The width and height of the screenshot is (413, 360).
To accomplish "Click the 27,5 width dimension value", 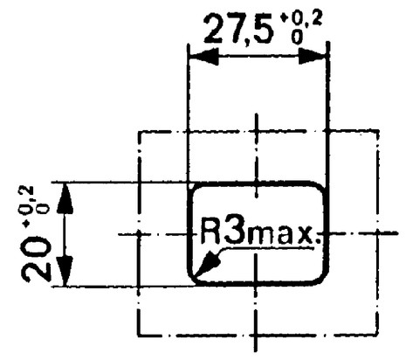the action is click(x=238, y=29).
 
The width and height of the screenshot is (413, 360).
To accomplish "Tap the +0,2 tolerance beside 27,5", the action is click(x=300, y=28).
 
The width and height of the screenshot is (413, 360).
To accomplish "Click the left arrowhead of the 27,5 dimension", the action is click(x=203, y=56).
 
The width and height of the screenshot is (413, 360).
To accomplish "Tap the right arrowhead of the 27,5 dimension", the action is click(x=312, y=56).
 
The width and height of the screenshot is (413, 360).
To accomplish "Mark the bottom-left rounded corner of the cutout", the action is click(x=193, y=279).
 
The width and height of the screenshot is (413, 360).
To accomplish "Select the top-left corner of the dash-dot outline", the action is click(x=139, y=132).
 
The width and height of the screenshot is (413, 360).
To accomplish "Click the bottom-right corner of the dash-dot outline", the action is click(x=377, y=334).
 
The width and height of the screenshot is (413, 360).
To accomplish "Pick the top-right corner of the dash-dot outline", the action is click(x=377, y=131).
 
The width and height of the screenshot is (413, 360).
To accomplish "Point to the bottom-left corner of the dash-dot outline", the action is click(x=139, y=335).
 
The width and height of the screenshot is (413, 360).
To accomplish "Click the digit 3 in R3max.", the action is click(x=236, y=230).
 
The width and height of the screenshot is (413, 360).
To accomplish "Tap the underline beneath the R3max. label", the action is click(x=268, y=248).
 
